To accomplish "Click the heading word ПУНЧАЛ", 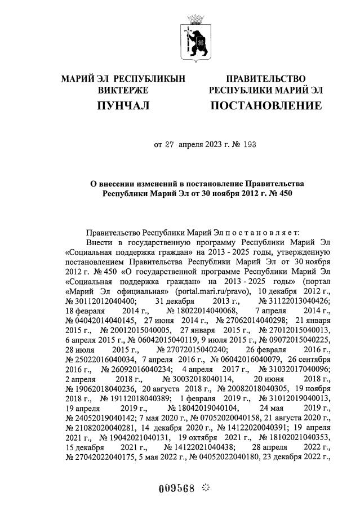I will [x=123, y=106].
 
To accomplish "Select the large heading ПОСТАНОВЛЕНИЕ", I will [x=266, y=106].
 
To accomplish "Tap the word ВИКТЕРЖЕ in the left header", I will [x=123, y=90].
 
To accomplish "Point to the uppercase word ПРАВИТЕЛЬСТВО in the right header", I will [x=266, y=78].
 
